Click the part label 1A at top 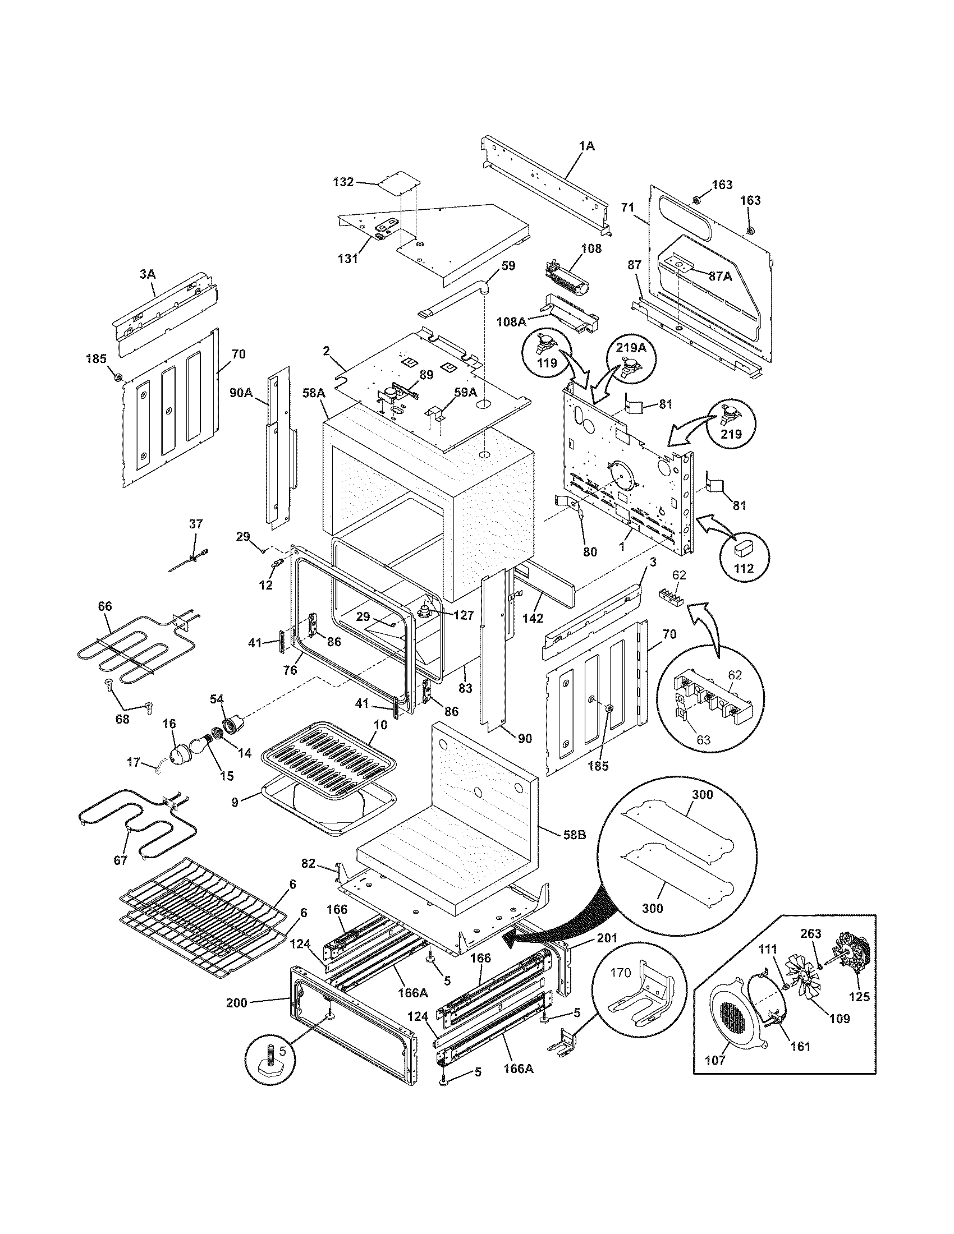586,146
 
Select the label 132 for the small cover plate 343,182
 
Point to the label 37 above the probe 195,524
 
